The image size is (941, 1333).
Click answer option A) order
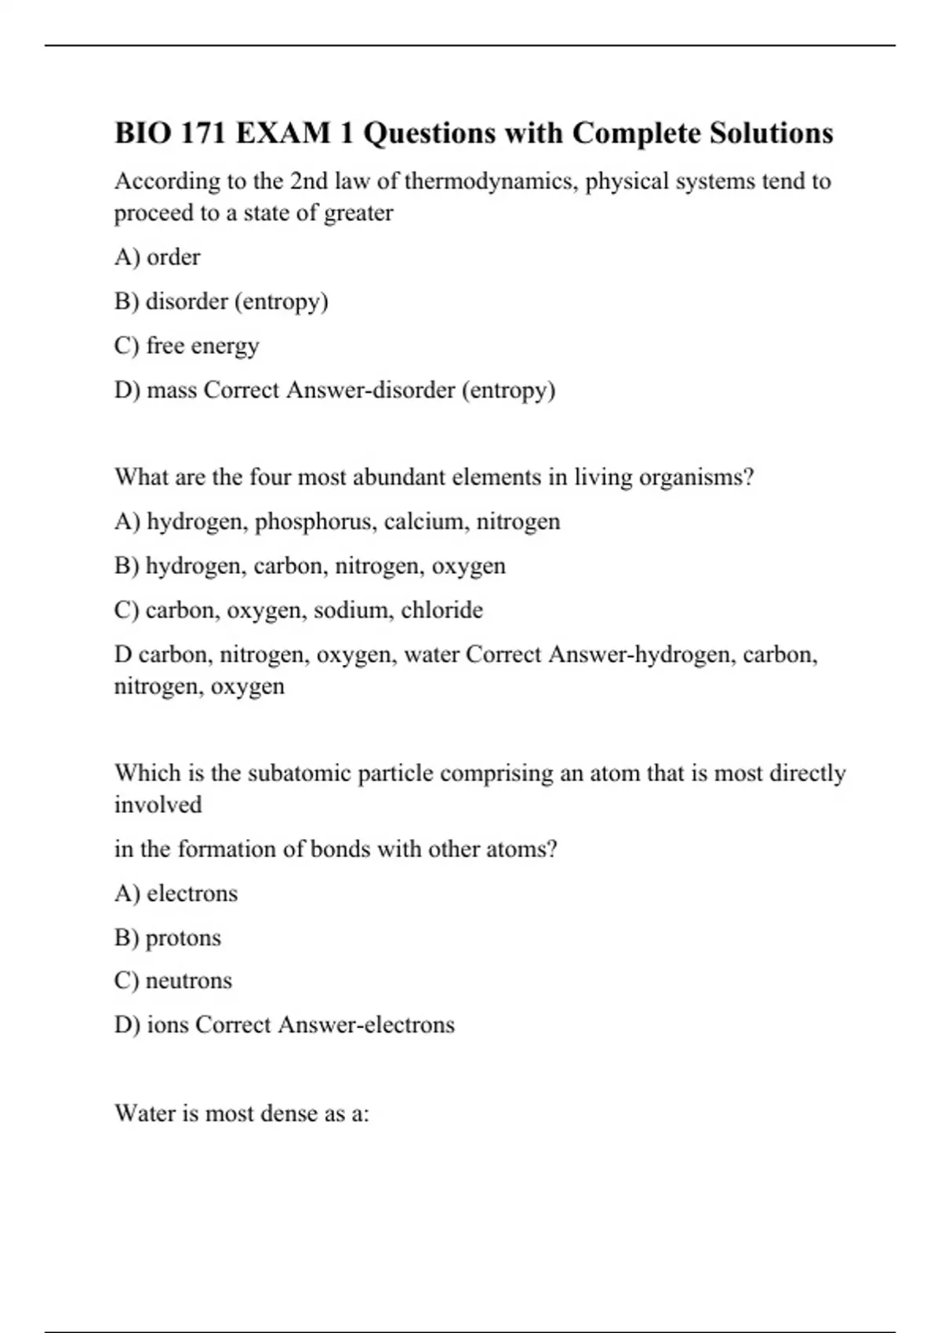pos(158,257)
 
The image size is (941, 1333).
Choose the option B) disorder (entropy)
pos(221,302)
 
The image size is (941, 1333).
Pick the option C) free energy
pos(187,346)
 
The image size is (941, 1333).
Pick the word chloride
pos(441,610)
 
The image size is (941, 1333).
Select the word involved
pos(158,805)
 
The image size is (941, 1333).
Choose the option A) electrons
pos(176,893)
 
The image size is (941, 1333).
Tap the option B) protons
pos(168,938)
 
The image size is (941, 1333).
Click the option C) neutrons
pos(173,981)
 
